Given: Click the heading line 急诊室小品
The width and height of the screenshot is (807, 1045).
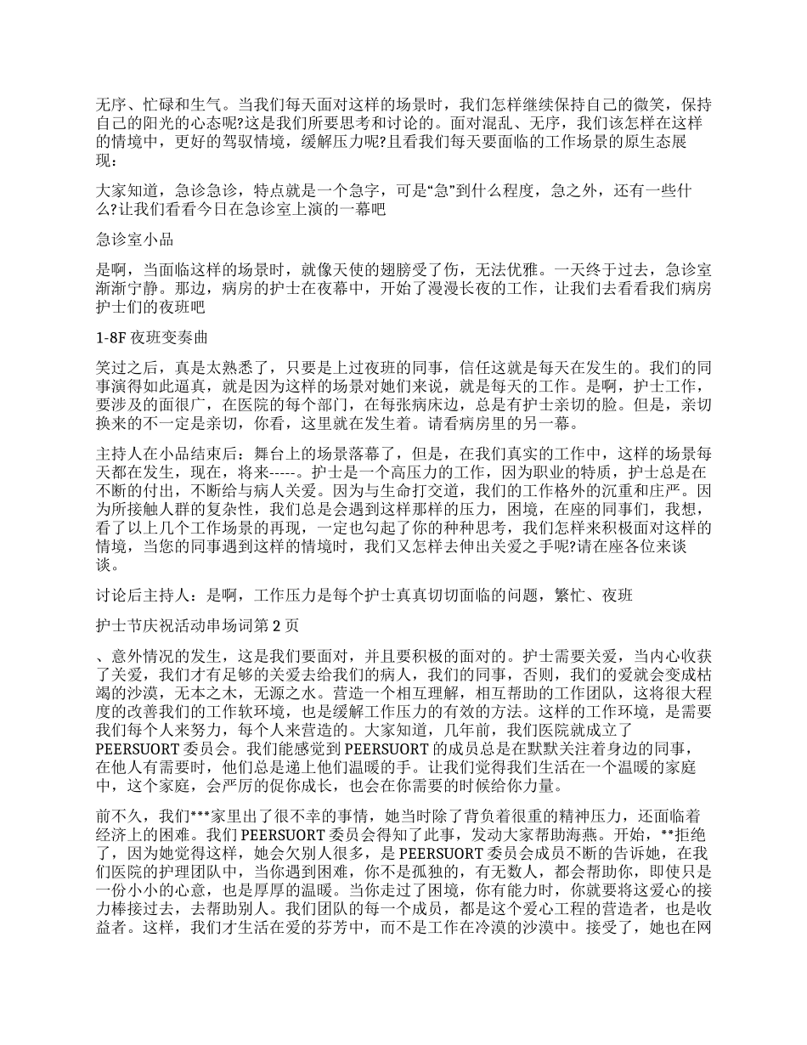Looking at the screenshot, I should click(136, 240).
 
